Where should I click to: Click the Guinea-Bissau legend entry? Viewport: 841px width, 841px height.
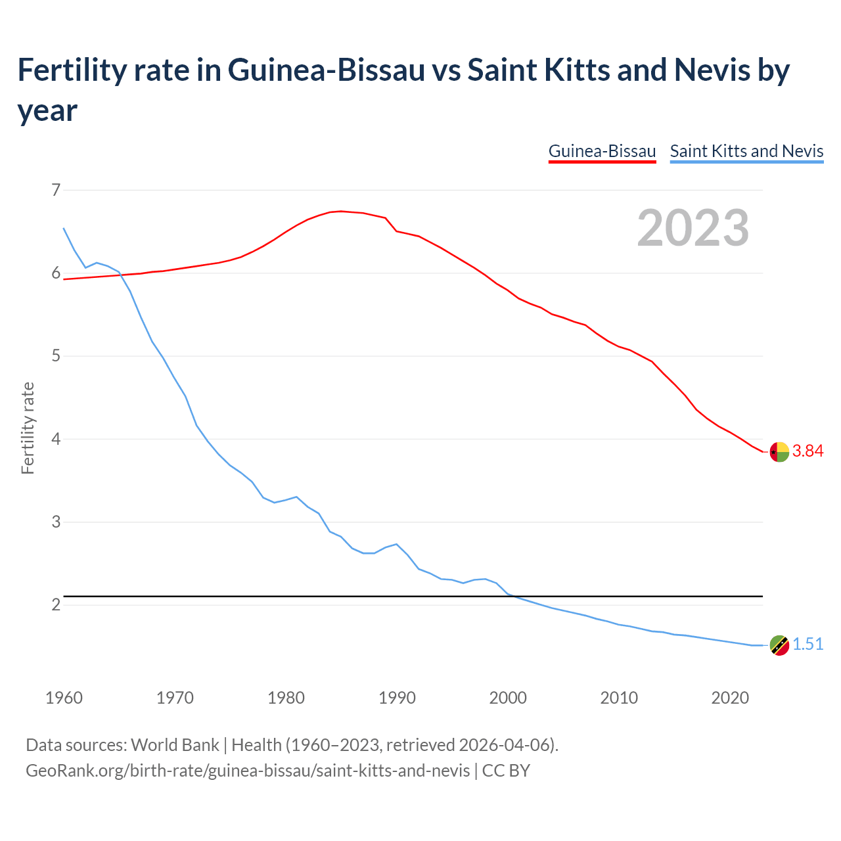tap(602, 151)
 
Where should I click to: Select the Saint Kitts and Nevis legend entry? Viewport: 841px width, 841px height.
tap(746, 151)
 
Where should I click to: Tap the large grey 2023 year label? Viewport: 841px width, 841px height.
tap(693, 228)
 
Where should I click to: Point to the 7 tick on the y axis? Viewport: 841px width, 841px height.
tap(56, 191)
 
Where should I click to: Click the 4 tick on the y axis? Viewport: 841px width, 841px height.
tap(56, 439)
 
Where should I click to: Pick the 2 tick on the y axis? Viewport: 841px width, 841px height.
tap(56, 604)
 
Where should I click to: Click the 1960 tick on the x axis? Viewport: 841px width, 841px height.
tap(64, 698)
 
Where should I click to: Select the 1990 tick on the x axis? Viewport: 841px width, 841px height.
tap(397, 698)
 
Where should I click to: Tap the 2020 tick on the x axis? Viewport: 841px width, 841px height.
tap(730, 698)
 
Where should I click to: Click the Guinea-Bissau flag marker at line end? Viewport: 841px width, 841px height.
tap(779, 452)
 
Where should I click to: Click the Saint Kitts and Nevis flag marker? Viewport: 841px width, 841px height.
tap(779, 645)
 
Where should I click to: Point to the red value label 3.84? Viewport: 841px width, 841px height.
tap(807, 451)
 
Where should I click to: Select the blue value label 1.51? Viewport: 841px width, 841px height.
tap(807, 645)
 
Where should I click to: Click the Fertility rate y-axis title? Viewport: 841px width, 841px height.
tap(28, 428)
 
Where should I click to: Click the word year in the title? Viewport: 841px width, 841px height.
tap(47, 110)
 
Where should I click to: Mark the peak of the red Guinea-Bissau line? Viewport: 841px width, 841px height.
tap(340, 211)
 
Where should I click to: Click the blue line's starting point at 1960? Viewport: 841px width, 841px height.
tap(64, 229)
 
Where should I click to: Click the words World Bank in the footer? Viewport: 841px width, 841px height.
tap(175, 745)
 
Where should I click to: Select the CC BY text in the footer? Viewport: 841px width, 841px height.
tap(506, 771)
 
